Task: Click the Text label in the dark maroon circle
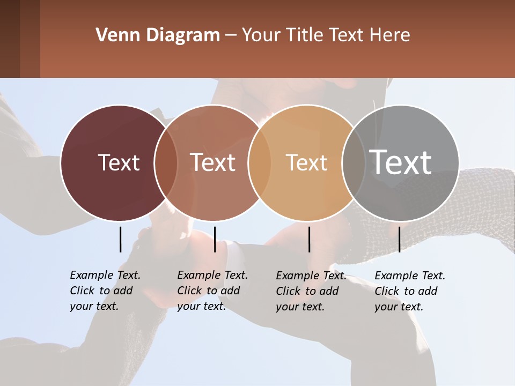(x=119, y=162)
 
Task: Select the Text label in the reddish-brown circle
(x=212, y=162)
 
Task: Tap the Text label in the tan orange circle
(x=306, y=162)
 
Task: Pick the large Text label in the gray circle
(x=401, y=162)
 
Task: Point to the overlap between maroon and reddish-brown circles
(x=166, y=162)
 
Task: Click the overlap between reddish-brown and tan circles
(x=260, y=162)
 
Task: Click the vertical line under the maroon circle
(x=121, y=239)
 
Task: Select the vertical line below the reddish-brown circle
(x=215, y=239)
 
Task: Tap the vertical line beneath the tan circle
(x=309, y=239)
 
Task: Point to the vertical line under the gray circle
(x=399, y=239)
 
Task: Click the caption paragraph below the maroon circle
(x=105, y=291)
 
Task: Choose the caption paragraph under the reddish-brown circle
(x=212, y=291)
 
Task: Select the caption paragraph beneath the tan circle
(x=311, y=291)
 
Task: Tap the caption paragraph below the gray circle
(x=409, y=291)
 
